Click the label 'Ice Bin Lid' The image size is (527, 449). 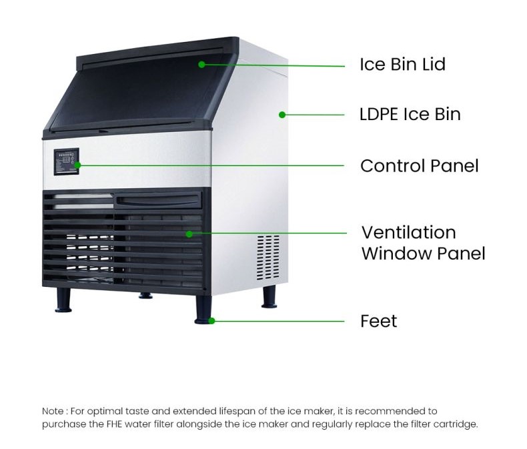pyautogui.click(x=402, y=64)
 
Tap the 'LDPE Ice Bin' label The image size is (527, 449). pyautogui.click(x=410, y=114)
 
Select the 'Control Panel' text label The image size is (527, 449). pyautogui.click(x=419, y=165)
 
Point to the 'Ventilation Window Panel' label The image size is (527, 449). pyautogui.click(x=423, y=243)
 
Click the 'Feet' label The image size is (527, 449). pyautogui.click(x=378, y=321)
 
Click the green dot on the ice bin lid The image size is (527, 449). pyautogui.click(x=201, y=64)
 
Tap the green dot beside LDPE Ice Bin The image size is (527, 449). pyautogui.click(x=282, y=115)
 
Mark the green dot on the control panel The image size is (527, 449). pyautogui.click(x=78, y=165)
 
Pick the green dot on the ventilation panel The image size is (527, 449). pyautogui.click(x=189, y=234)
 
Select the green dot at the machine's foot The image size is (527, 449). pyautogui.click(x=211, y=321)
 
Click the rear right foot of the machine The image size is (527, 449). pyautogui.click(x=268, y=297)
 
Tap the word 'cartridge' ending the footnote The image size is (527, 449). pyautogui.click(x=458, y=424)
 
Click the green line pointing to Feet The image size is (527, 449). pyautogui.click(x=280, y=321)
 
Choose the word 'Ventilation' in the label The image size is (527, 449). pyautogui.click(x=408, y=232)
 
